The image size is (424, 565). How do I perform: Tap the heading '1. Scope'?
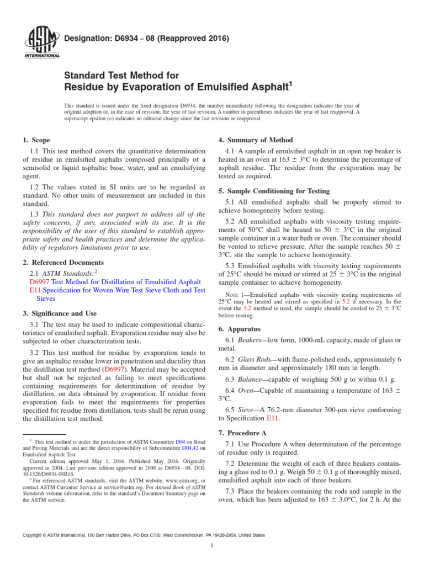[x=37, y=140]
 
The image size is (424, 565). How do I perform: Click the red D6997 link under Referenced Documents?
[x=40, y=281]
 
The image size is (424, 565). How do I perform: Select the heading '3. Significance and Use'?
[x=58, y=313]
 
